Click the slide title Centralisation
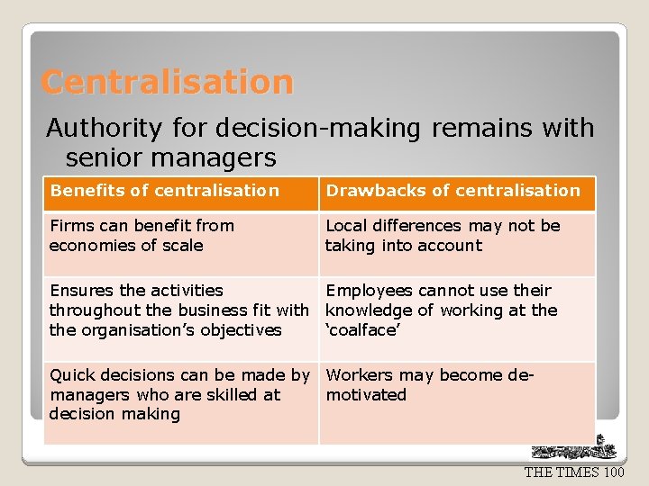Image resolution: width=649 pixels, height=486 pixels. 168,83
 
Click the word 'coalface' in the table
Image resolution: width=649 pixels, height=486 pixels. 362,330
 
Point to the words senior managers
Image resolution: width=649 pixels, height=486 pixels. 170,158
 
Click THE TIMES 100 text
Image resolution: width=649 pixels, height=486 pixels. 574,472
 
